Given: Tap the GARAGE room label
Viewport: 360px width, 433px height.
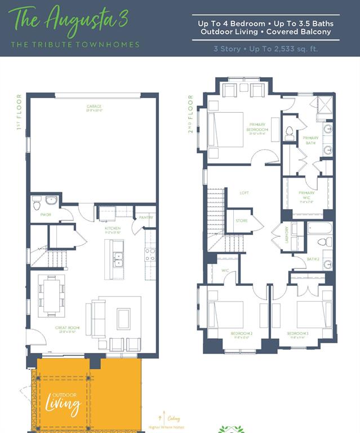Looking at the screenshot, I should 94,107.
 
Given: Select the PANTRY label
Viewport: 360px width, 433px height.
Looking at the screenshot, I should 146,217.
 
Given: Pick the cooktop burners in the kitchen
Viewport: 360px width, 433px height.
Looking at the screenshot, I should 150,255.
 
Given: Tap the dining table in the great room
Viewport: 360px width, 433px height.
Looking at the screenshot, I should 51,294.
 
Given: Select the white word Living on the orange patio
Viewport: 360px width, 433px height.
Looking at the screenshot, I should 63,404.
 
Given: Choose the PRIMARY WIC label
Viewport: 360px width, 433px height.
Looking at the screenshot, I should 307,194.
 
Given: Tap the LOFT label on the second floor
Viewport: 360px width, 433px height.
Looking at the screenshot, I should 244,193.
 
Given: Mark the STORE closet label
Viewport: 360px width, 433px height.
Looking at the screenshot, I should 241,220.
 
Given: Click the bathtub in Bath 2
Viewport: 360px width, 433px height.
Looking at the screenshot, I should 320,228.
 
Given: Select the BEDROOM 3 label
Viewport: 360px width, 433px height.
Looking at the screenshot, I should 297,334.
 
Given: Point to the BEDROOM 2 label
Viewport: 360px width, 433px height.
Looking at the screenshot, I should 242,334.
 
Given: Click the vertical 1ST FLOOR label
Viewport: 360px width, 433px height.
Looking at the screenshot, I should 19,112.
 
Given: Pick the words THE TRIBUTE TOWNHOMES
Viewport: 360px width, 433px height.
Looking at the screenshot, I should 75,45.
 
